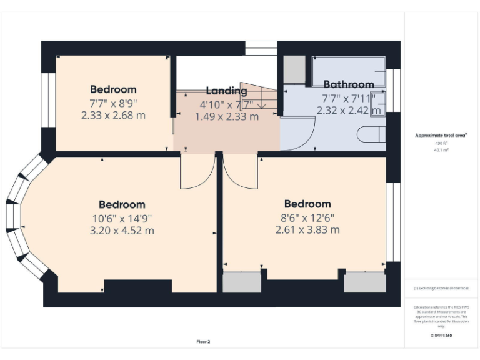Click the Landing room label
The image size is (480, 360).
click(226, 91)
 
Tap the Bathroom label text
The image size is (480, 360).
click(348, 84)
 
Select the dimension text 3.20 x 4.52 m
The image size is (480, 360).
click(122, 230)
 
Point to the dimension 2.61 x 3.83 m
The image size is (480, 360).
click(307, 229)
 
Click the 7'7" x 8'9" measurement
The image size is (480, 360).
click(113, 102)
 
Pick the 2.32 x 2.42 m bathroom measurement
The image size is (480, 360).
click(348, 110)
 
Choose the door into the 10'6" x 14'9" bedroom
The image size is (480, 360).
click(197, 172)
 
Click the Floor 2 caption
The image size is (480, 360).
click(204, 342)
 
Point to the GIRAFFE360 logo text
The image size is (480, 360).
click(441, 336)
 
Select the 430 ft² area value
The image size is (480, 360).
click(441, 143)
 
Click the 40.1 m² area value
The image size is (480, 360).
click(441, 150)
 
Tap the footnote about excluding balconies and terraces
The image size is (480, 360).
click(441, 288)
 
